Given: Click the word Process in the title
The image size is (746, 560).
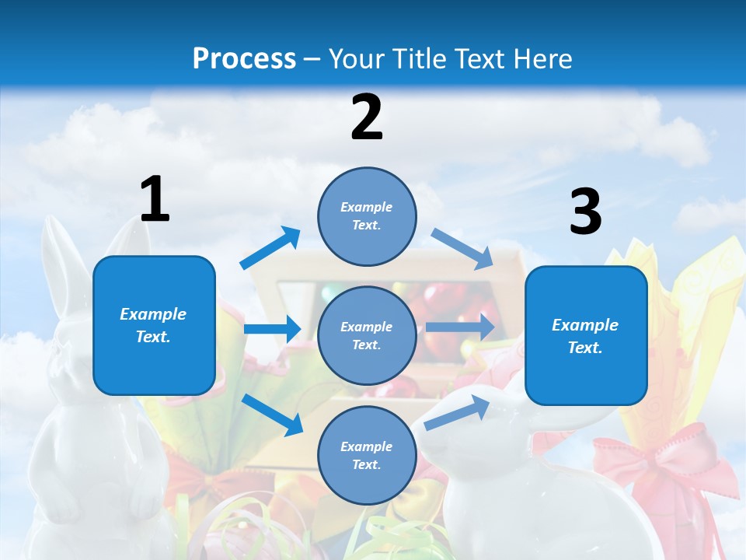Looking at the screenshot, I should (244, 59).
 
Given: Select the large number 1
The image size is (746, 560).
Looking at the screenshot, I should (155, 200).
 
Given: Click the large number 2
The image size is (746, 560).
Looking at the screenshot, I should (367, 117).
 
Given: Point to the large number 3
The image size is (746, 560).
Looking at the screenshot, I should (585, 212).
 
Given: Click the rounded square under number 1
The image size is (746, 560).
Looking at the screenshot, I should (154, 325).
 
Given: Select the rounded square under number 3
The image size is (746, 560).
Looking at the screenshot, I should (586, 335).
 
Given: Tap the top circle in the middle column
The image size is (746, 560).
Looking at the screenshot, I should (367, 216).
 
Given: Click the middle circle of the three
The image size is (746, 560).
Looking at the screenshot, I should (367, 335).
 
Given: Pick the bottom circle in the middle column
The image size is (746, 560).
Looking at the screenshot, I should (367, 455).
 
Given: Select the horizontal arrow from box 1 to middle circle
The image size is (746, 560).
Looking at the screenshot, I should (272, 329).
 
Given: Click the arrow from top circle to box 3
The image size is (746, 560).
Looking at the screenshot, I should (462, 249).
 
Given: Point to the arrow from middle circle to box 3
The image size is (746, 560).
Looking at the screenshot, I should (460, 327).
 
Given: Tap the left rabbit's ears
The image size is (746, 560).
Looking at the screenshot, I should (66, 257).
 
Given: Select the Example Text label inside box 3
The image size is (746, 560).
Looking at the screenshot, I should (585, 336).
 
